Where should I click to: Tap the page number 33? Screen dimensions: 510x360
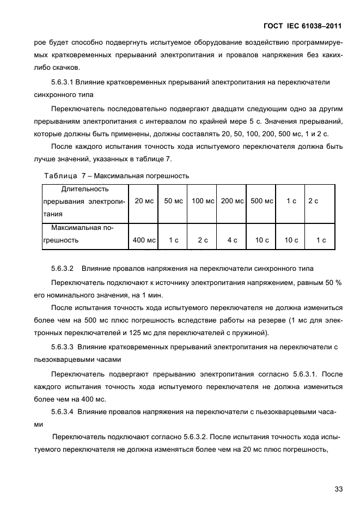pyautogui.click(x=338, y=489)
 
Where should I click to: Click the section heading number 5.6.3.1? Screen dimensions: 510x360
pyautogui.click(x=62, y=82)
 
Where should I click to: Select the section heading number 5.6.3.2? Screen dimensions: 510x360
pyautogui.click(x=62, y=269)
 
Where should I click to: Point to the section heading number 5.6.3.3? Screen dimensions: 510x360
pyautogui.click(x=62, y=347)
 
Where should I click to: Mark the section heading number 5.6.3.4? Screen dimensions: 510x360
pyautogui.click(x=62, y=412)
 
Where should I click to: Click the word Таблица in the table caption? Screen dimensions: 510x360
pyautogui.click(x=60, y=175)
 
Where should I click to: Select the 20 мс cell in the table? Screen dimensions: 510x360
pyautogui.click(x=144, y=201)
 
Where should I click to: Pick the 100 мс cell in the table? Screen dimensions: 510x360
pyautogui.click(x=203, y=201)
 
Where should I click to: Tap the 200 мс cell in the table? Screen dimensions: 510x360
pyautogui.click(x=232, y=201)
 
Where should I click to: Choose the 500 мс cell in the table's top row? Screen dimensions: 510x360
pyautogui.click(x=261, y=201)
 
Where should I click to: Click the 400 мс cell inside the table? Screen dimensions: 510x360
pyautogui.click(x=144, y=240)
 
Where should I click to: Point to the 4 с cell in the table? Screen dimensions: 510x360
pyautogui.click(x=232, y=240)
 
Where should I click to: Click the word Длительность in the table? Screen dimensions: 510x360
pyautogui.click(x=85, y=190)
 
